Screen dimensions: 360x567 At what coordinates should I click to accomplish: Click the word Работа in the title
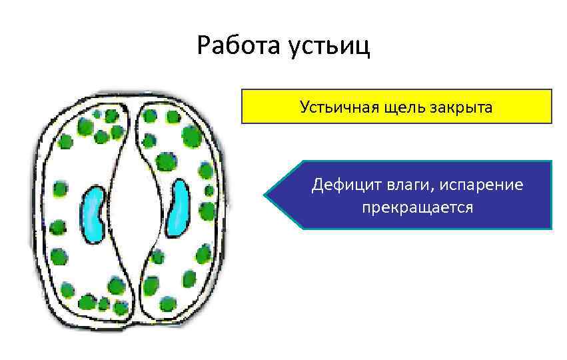tap(239, 46)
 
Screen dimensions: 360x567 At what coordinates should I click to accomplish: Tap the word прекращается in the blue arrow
tap(418, 207)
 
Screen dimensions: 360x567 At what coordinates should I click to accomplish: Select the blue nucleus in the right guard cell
tap(179, 207)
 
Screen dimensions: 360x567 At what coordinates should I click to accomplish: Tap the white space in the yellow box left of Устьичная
tap(270, 107)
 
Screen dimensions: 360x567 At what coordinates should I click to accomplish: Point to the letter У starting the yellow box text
tap(304, 107)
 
